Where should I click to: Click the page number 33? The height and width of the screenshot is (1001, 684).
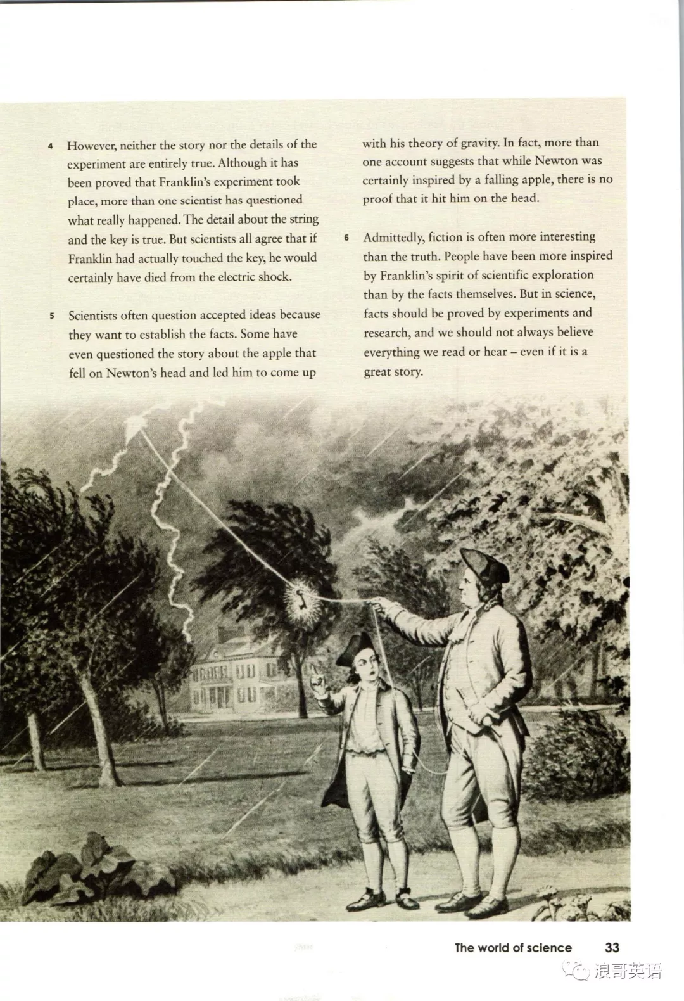612,948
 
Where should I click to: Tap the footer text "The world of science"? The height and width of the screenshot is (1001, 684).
513,948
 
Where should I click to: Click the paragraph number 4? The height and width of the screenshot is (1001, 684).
51,146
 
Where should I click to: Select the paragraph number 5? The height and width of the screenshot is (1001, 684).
52,316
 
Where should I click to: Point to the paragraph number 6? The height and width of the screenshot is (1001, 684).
346,238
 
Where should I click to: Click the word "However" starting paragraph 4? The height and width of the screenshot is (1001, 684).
91,146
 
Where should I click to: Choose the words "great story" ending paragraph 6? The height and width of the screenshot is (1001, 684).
393,372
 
